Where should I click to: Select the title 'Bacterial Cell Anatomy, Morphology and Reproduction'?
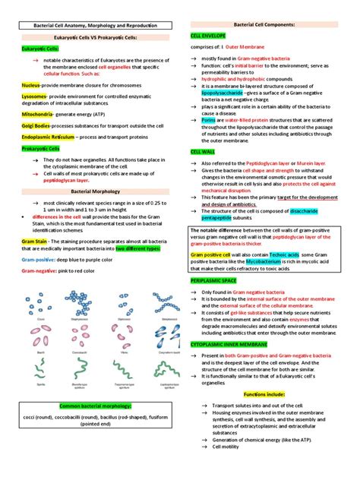click(x=90, y=26)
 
